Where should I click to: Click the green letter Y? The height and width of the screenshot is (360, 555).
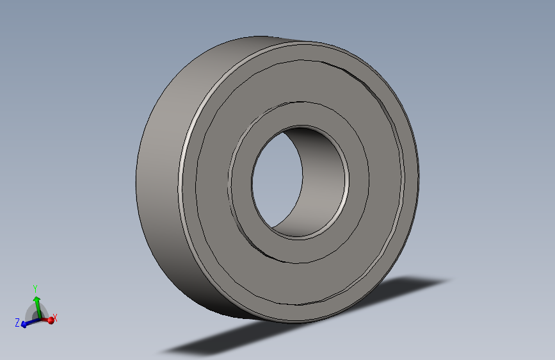[x=35, y=288]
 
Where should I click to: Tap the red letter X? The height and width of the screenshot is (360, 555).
[x=55, y=318]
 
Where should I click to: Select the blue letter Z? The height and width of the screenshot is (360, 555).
[x=17, y=322]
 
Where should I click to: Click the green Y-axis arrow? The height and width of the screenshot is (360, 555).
[x=37, y=306]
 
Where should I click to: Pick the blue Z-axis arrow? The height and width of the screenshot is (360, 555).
[x=29, y=322]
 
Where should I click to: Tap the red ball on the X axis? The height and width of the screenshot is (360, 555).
[x=51, y=320]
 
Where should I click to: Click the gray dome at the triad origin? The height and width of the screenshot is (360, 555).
[x=36, y=312]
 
